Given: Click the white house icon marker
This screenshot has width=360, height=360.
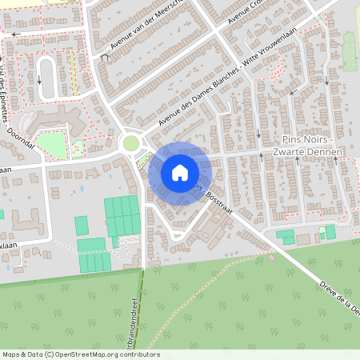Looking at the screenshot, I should coord(179,172).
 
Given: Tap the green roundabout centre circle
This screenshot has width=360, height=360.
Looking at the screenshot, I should coord(130,142).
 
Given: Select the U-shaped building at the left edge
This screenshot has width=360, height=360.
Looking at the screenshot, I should coord(24,217).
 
